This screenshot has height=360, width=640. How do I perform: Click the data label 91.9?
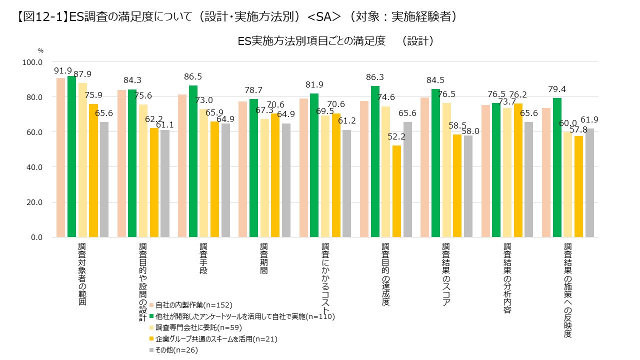click(63, 70)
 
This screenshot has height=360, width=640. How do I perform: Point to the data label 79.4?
click(557, 89)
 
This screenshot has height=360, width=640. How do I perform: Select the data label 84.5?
click(435, 80)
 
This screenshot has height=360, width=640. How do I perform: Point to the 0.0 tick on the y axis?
click(36, 237)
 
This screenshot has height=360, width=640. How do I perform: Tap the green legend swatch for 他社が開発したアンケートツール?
click(151, 316)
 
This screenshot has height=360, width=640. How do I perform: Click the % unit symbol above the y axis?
click(41, 50)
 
